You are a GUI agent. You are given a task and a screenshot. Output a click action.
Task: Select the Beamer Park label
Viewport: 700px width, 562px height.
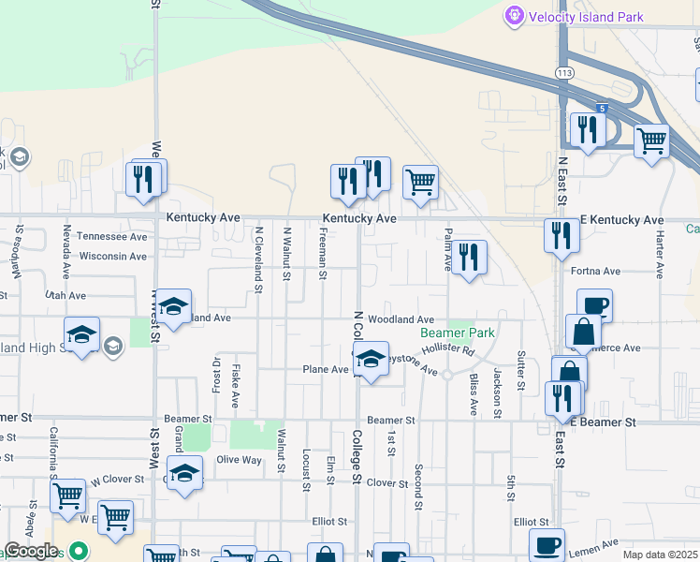point(457,333)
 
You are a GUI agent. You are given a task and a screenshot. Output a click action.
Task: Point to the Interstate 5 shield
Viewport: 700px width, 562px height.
point(604,109)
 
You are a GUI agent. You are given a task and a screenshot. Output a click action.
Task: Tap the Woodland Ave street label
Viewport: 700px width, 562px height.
point(401,319)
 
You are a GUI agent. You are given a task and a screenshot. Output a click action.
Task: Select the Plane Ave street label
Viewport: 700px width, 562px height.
point(325,370)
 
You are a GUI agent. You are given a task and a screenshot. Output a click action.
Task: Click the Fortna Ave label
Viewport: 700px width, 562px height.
point(595,272)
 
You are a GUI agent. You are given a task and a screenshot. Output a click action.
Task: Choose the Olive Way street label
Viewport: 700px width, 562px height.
point(240,460)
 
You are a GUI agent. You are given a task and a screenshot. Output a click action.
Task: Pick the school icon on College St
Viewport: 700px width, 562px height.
point(372,360)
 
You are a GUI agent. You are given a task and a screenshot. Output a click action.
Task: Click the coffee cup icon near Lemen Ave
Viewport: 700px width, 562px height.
point(547,543)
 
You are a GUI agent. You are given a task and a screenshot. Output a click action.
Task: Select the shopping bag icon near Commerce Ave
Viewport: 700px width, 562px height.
point(583,331)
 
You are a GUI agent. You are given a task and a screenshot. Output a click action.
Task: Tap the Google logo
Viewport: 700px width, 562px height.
point(31,551)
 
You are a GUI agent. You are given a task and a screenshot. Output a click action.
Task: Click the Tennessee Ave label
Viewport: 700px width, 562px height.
point(112,237)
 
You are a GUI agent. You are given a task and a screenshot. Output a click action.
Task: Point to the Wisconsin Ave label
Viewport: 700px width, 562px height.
point(113,256)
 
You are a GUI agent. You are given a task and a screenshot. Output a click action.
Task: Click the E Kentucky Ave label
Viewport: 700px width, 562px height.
point(622,220)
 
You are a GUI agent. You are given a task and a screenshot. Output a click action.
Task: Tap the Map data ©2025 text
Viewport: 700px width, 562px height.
point(660,555)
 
